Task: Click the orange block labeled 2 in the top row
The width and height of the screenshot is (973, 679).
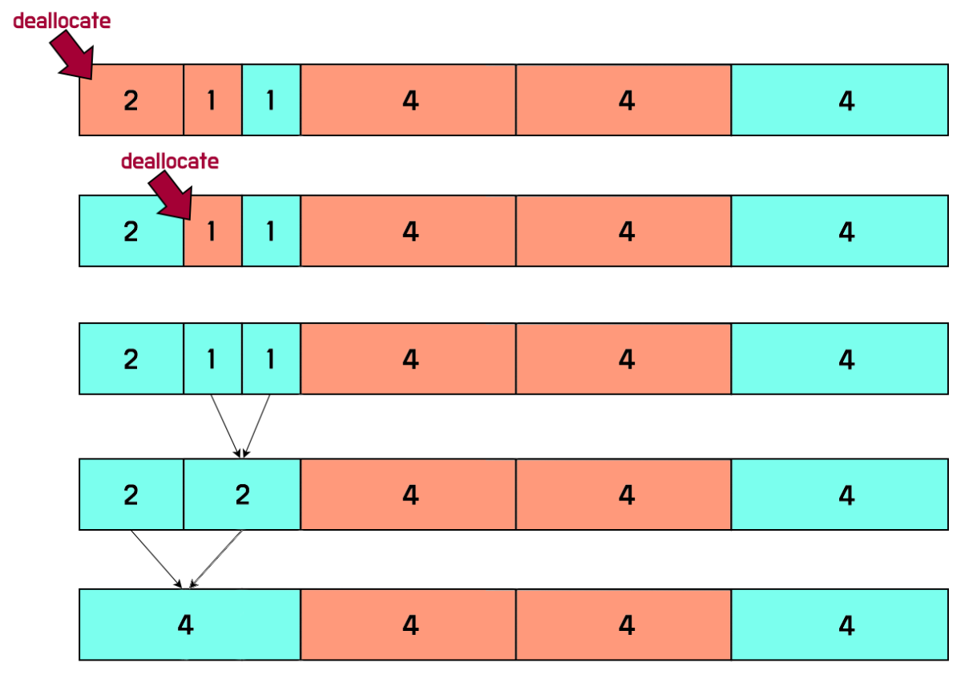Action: [x=131, y=100]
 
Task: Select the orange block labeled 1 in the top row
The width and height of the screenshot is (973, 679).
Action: [x=212, y=100]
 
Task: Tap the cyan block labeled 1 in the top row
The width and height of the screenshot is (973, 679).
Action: [x=271, y=100]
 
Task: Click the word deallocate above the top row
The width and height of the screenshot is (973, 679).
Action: [x=62, y=22]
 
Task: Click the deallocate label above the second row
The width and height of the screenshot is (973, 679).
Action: [x=169, y=161]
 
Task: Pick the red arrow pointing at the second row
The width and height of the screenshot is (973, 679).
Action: [x=172, y=196]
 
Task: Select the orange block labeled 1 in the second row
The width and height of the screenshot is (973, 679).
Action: [x=212, y=232]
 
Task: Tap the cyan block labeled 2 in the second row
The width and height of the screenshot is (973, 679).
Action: [x=131, y=232]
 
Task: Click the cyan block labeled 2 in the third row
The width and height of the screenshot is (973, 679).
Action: [x=131, y=359]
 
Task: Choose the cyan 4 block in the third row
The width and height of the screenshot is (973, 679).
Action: [x=839, y=359]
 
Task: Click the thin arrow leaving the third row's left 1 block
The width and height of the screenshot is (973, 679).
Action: [x=224, y=426]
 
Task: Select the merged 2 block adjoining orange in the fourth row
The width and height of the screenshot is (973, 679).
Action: [x=242, y=495]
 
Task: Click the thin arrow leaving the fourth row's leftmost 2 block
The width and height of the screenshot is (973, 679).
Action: [x=156, y=558]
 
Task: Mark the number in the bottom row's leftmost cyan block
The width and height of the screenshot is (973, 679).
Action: [x=186, y=625]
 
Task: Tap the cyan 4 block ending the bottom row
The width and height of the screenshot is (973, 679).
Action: [x=839, y=625]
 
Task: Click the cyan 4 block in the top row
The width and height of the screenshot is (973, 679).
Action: [x=839, y=100]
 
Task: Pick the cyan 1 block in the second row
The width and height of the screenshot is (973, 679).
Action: [x=271, y=232]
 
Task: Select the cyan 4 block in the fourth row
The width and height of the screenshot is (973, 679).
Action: [x=839, y=495]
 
